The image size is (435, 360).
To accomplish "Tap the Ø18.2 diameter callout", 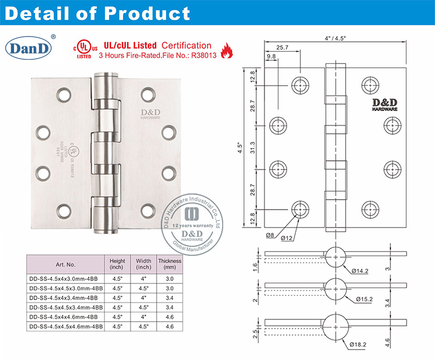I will tap(357, 344).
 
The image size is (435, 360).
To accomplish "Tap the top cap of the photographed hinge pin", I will tap(105, 76).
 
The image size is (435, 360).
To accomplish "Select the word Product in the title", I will tap(145, 13).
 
